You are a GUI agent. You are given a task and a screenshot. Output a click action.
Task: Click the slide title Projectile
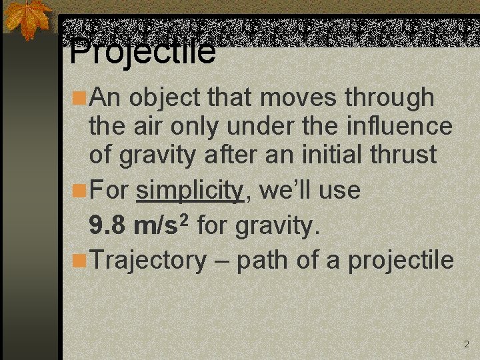[x=143, y=51]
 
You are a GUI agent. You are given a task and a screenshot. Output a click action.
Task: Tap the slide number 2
[x=466, y=345]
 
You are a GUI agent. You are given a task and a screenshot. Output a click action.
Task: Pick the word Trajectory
[x=148, y=260]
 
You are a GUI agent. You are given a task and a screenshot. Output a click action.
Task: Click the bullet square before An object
[x=79, y=98]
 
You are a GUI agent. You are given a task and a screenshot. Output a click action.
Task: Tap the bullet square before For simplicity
[x=79, y=191]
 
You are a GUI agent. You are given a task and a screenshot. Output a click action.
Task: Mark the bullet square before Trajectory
[x=79, y=260]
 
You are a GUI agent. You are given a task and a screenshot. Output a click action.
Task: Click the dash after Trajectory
[x=222, y=261]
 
